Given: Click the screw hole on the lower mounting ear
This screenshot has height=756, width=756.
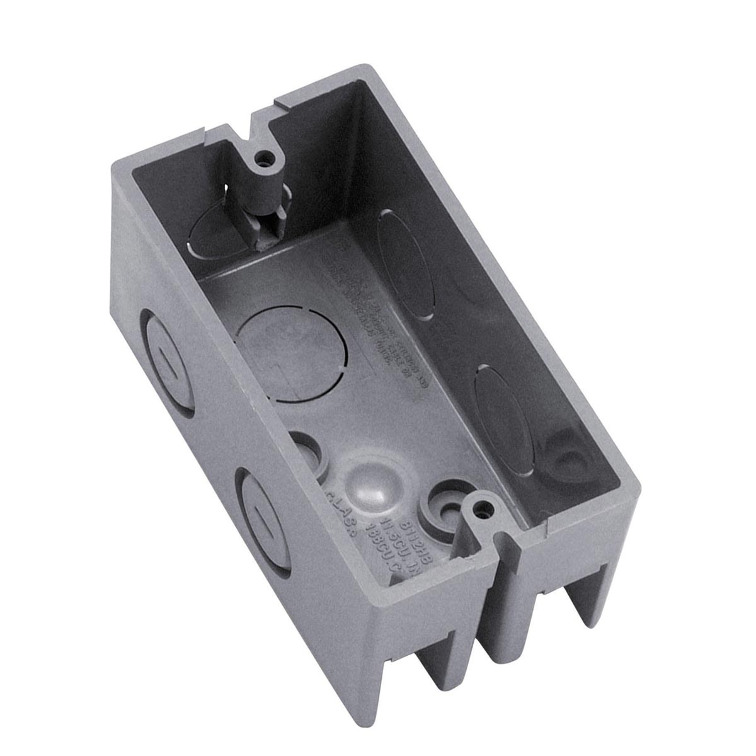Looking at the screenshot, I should [x=484, y=505].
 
